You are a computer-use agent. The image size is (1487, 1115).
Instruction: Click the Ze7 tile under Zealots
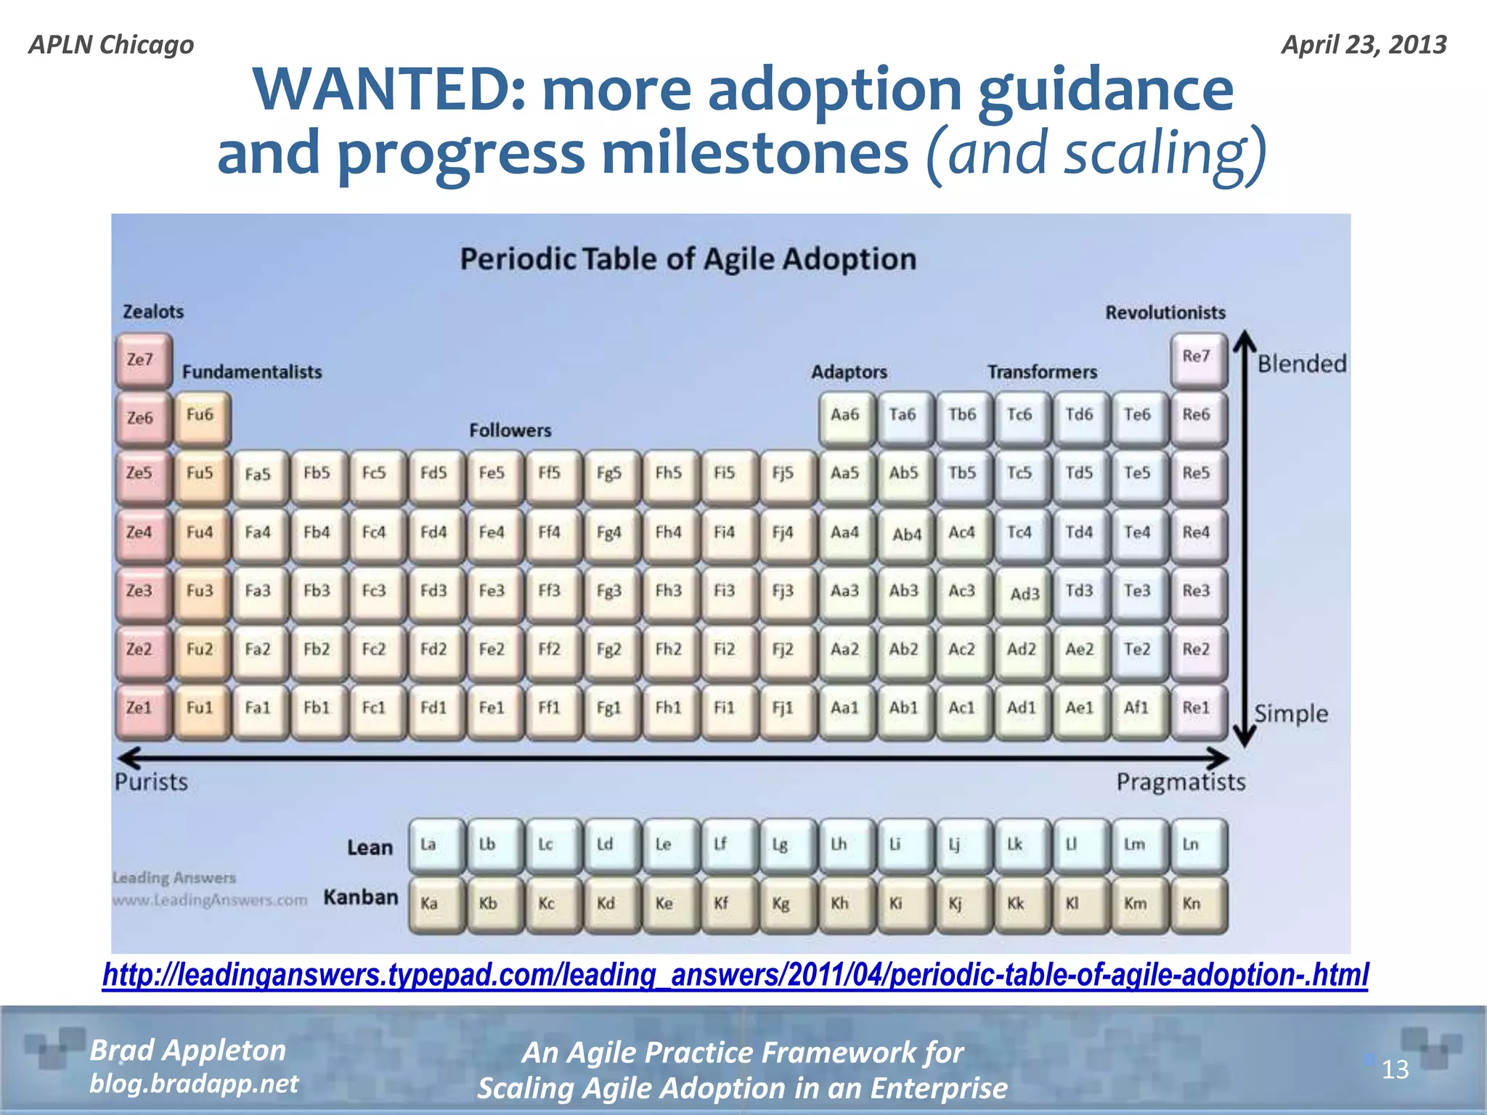click(x=142, y=360)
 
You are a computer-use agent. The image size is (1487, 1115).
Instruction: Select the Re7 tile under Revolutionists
click(x=1198, y=358)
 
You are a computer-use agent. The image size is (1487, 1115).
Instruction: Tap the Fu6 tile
click(x=202, y=417)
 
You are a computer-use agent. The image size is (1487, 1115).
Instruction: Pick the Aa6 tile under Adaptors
click(x=846, y=417)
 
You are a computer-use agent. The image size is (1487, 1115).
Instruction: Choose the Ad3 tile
click(x=1022, y=594)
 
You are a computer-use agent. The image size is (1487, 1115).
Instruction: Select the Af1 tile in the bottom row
click(x=1138, y=709)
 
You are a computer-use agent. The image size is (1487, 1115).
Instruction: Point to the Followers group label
click(x=510, y=430)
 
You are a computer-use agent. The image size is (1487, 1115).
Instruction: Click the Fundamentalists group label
click(x=251, y=372)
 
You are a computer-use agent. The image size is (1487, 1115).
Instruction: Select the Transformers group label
click(x=1041, y=372)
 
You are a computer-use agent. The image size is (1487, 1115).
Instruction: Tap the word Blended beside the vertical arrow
click(x=1301, y=364)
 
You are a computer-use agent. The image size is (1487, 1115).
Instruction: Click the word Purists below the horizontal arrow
click(x=151, y=783)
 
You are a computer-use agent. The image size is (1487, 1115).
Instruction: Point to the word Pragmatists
click(x=1181, y=783)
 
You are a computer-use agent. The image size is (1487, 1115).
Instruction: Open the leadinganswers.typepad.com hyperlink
click(x=735, y=975)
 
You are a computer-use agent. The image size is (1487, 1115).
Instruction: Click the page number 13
click(x=1394, y=1069)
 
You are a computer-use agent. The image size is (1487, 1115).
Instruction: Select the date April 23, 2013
click(x=1364, y=45)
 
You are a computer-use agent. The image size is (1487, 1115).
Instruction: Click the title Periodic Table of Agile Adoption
click(x=688, y=259)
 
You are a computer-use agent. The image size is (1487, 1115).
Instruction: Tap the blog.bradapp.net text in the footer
click(x=193, y=1084)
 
